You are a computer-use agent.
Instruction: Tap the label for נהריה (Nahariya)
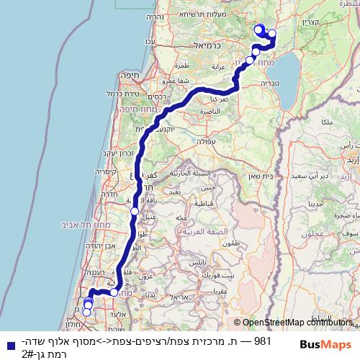(154, 16)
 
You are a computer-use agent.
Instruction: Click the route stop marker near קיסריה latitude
(135, 211)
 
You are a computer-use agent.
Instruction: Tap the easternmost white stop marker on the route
(272, 33)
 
